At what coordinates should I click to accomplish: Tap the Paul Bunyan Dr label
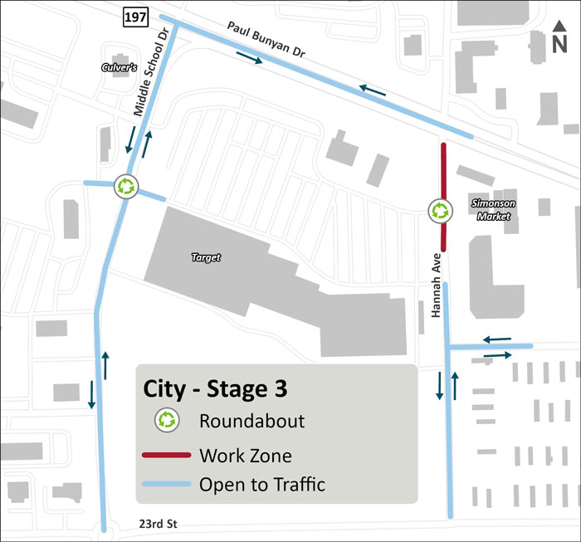pos(266,40)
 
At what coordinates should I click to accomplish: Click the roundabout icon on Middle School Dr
pos(126,187)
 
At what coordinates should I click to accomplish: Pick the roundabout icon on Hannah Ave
pos(439,211)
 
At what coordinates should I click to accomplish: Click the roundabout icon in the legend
pos(168,421)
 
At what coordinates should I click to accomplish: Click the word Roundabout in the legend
pos(251,421)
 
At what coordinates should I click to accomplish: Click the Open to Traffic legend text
pos(262,486)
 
